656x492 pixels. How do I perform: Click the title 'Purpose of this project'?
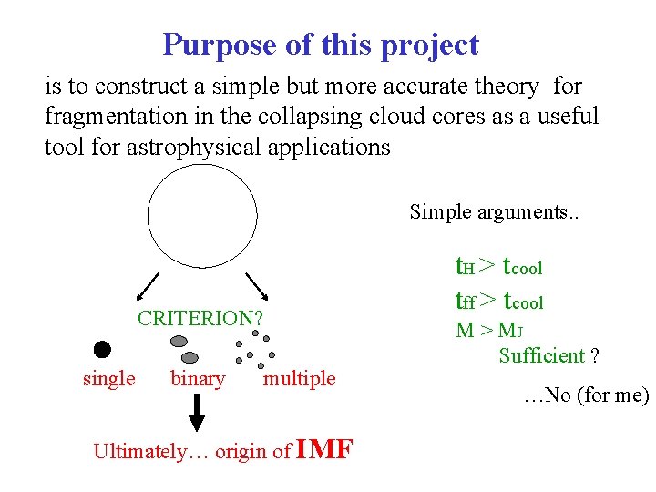tap(320, 44)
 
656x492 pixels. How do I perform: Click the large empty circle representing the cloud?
tap(191, 216)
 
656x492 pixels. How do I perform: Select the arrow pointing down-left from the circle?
tap(147, 287)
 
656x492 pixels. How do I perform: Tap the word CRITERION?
tap(200, 318)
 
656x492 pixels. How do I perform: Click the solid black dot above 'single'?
tap(102, 349)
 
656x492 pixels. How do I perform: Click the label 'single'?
tap(108, 378)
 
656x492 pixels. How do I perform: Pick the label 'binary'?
tap(198, 378)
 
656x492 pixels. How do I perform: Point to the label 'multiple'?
tap(299, 378)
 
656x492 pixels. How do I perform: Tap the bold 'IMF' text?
tap(325, 449)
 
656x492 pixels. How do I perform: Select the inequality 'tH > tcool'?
tap(498, 266)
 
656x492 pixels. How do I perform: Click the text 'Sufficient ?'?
tap(548, 355)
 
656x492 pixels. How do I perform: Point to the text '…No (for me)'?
tap(586, 395)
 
